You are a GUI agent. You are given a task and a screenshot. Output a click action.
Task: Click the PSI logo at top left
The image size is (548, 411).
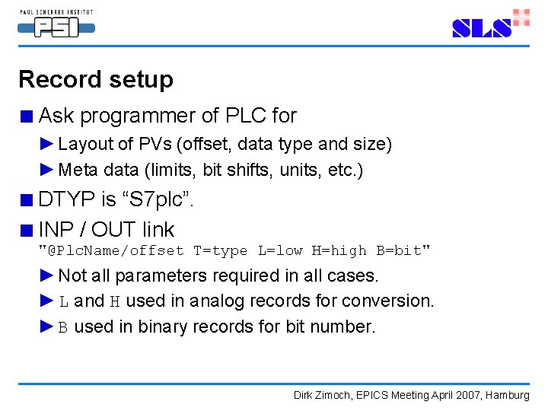56,26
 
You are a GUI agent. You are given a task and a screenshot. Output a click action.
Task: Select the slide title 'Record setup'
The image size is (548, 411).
96,79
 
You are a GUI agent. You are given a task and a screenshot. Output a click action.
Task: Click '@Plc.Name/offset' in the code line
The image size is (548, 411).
114,250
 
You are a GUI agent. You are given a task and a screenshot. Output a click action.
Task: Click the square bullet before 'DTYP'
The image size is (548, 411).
27,201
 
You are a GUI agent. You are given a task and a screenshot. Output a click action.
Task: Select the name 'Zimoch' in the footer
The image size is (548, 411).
336,395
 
